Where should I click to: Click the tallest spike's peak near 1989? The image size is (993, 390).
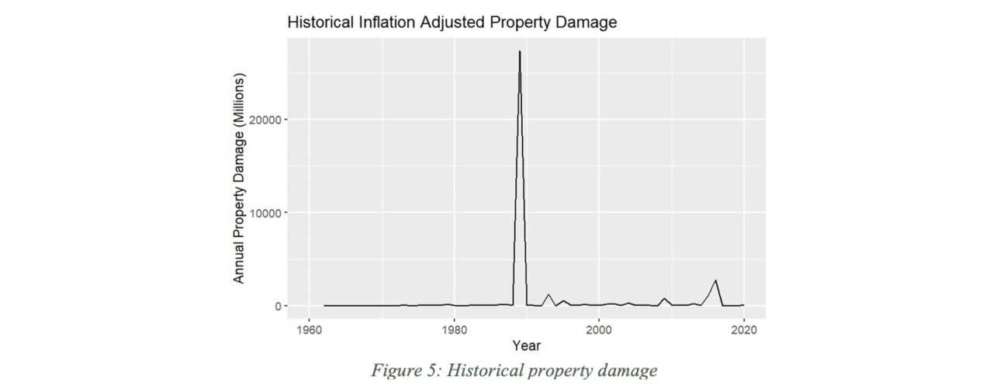520,51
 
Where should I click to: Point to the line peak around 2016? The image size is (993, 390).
715,280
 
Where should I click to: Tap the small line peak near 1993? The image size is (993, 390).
548,294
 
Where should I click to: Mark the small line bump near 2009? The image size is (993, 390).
664,298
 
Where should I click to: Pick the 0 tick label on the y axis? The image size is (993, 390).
275,306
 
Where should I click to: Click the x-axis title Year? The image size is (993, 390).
526,345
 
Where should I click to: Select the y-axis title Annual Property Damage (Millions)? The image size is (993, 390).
240,179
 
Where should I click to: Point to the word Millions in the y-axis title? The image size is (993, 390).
240,100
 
